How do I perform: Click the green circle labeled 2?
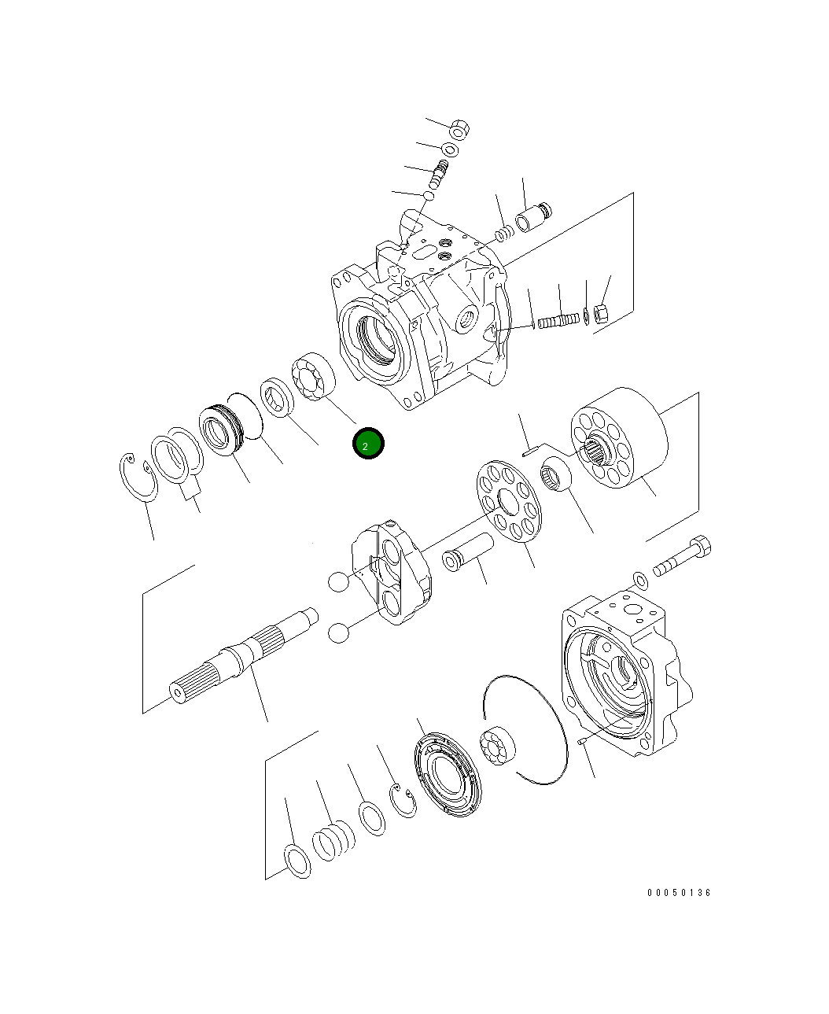(x=367, y=444)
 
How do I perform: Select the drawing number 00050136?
(x=679, y=893)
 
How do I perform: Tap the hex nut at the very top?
(x=461, y=127)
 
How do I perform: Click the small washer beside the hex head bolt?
(x=641, y=581)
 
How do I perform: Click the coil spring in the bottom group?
(x=333, y=840)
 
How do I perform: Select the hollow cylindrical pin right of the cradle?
(x=466, y=551)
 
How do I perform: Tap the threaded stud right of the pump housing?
(x=558, y=320)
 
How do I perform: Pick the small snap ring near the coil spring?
(x=405, y=800)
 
